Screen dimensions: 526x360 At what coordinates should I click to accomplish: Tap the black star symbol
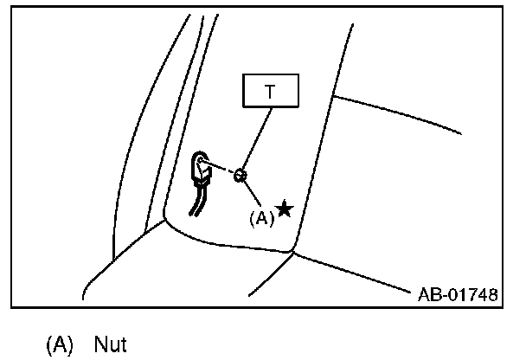284,209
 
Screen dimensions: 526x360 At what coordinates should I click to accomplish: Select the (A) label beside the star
261,218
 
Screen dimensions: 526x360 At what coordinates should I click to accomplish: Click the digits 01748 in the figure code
471,296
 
